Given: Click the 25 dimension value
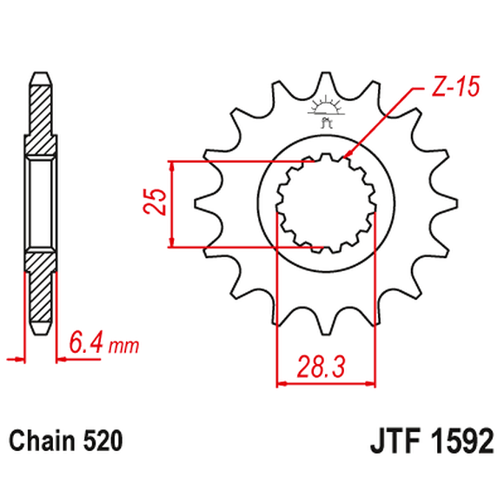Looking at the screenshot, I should tap(156, 203).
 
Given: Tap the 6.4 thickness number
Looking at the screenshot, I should tap(87, 345).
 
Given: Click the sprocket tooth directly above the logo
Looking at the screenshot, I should tap(327, 83).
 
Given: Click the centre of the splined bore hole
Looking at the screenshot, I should tap(327, 203).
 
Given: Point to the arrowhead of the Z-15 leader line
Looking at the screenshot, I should tap(348, 156).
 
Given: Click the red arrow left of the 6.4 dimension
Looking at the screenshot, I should tap(14, 356).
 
